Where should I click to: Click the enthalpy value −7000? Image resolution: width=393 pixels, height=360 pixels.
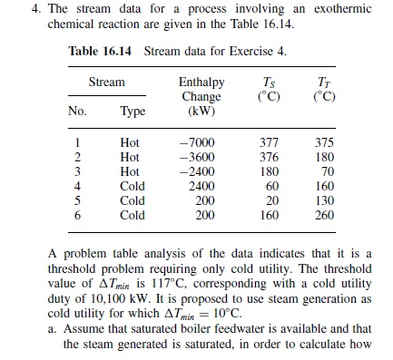tap(195, 142)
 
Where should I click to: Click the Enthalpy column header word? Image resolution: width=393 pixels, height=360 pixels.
tap(201, 83)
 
